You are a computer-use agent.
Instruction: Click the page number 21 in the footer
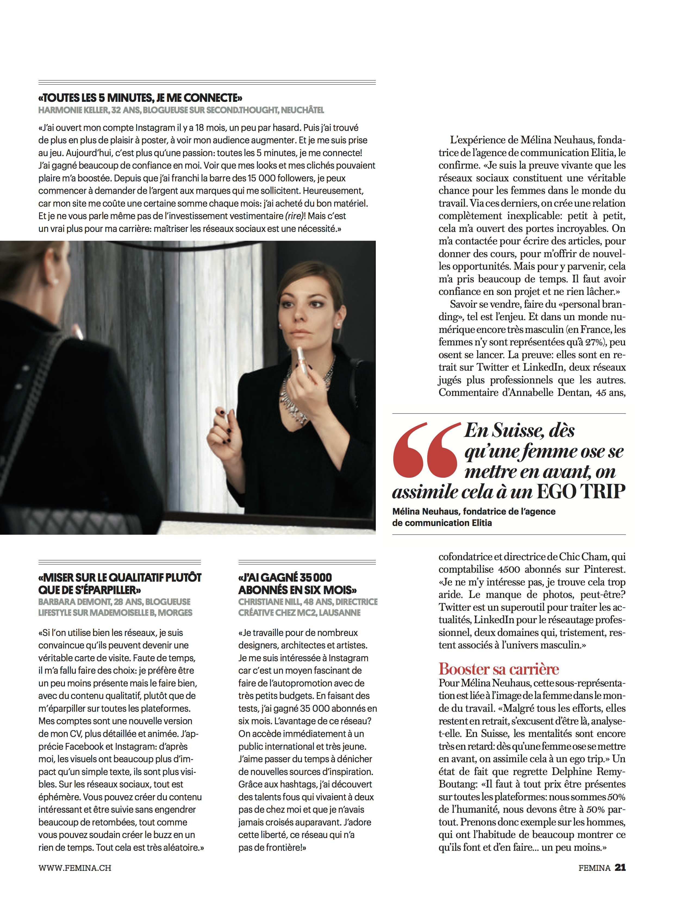point(620,868)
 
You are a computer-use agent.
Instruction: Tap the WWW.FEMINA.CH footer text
point(75,868)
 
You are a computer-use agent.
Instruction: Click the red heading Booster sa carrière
point(498,669)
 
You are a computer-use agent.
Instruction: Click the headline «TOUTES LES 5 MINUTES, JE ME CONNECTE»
point(140,98)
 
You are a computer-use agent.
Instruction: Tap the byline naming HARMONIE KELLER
point(181,110)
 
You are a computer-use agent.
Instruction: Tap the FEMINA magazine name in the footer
point(594,868)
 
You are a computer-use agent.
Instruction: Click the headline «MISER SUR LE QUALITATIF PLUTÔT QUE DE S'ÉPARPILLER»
point(120,583)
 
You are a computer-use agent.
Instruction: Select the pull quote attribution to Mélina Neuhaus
point(473,517)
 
